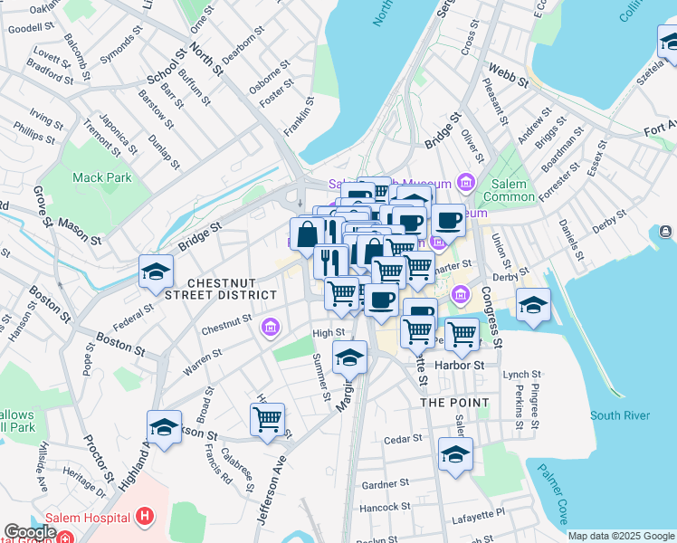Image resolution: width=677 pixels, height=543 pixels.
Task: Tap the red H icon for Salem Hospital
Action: click(x=143, y=518)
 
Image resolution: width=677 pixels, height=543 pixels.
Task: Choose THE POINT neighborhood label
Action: click(x=453, y=402)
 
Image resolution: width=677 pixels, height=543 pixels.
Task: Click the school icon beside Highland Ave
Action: click(x=164, y=428)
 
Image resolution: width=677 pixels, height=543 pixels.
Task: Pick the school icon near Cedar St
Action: click(x=455, y=455)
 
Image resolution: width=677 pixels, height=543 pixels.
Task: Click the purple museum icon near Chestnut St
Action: click(x=269, y=327)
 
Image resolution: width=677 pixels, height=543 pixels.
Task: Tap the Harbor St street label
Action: click(x=460, y=366)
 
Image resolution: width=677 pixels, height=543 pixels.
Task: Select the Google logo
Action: click(x=31, y=531)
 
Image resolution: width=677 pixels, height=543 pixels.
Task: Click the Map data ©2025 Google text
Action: click(x=621, y=536)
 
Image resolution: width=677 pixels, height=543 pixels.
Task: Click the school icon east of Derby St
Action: click(x=533, y=305)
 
